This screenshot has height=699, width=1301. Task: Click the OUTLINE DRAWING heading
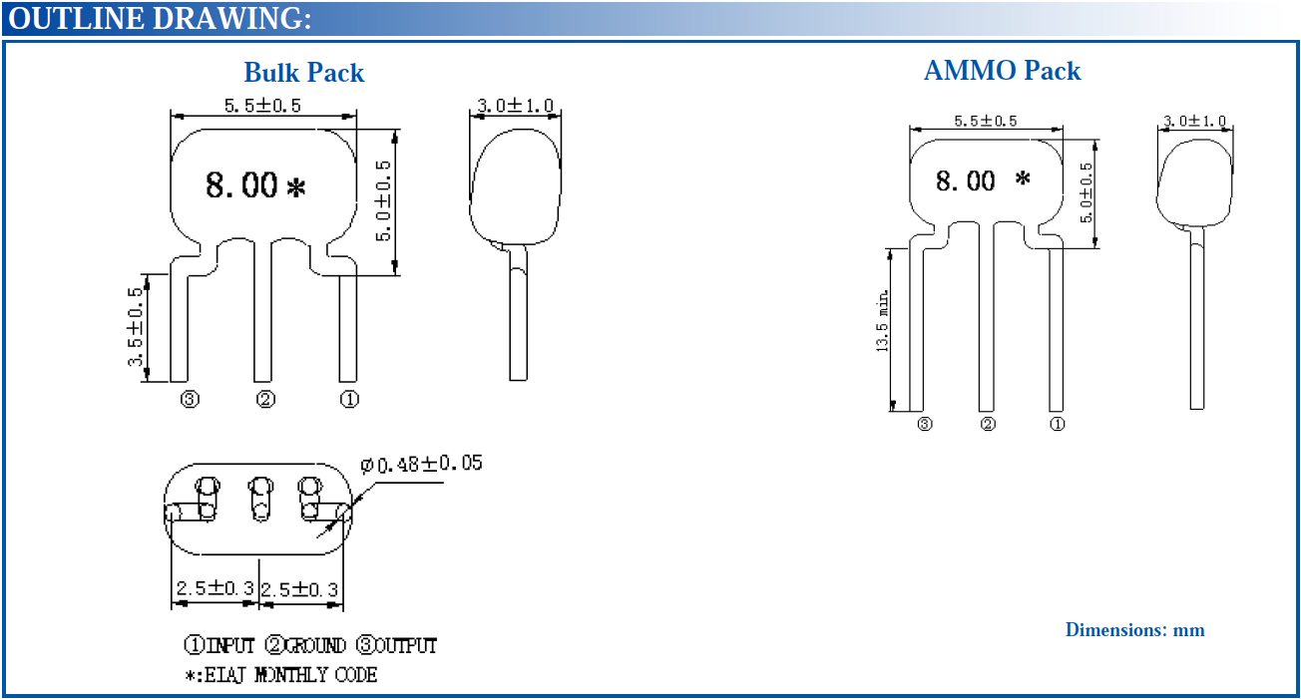[x=160, y=19]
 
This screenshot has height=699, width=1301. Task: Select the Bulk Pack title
[x=303, y=73]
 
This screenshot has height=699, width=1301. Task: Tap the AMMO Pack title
[x=1002, y=71]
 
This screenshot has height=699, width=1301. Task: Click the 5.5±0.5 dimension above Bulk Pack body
[x=262, y=106]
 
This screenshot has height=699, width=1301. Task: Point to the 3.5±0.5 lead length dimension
[x=135, y=327]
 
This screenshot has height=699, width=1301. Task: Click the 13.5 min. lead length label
[x=882, y=321]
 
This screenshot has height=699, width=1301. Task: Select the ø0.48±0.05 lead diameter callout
[x=421, y=464]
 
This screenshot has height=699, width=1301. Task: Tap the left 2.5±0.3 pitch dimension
[x=216, y=588]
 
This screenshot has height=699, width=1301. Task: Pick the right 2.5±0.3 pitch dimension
[x=299, y=590]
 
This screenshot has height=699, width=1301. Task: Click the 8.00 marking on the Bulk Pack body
[x=241, y=185]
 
